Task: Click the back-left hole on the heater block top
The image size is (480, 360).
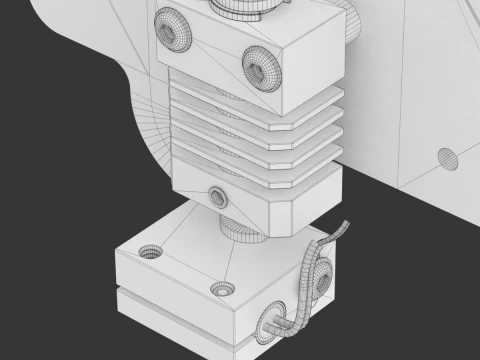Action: coord(150,251)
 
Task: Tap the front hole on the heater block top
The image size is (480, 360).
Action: coord(223,289)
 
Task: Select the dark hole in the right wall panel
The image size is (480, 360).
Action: coord(447,157)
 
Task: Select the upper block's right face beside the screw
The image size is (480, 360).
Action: coord(320,70)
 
